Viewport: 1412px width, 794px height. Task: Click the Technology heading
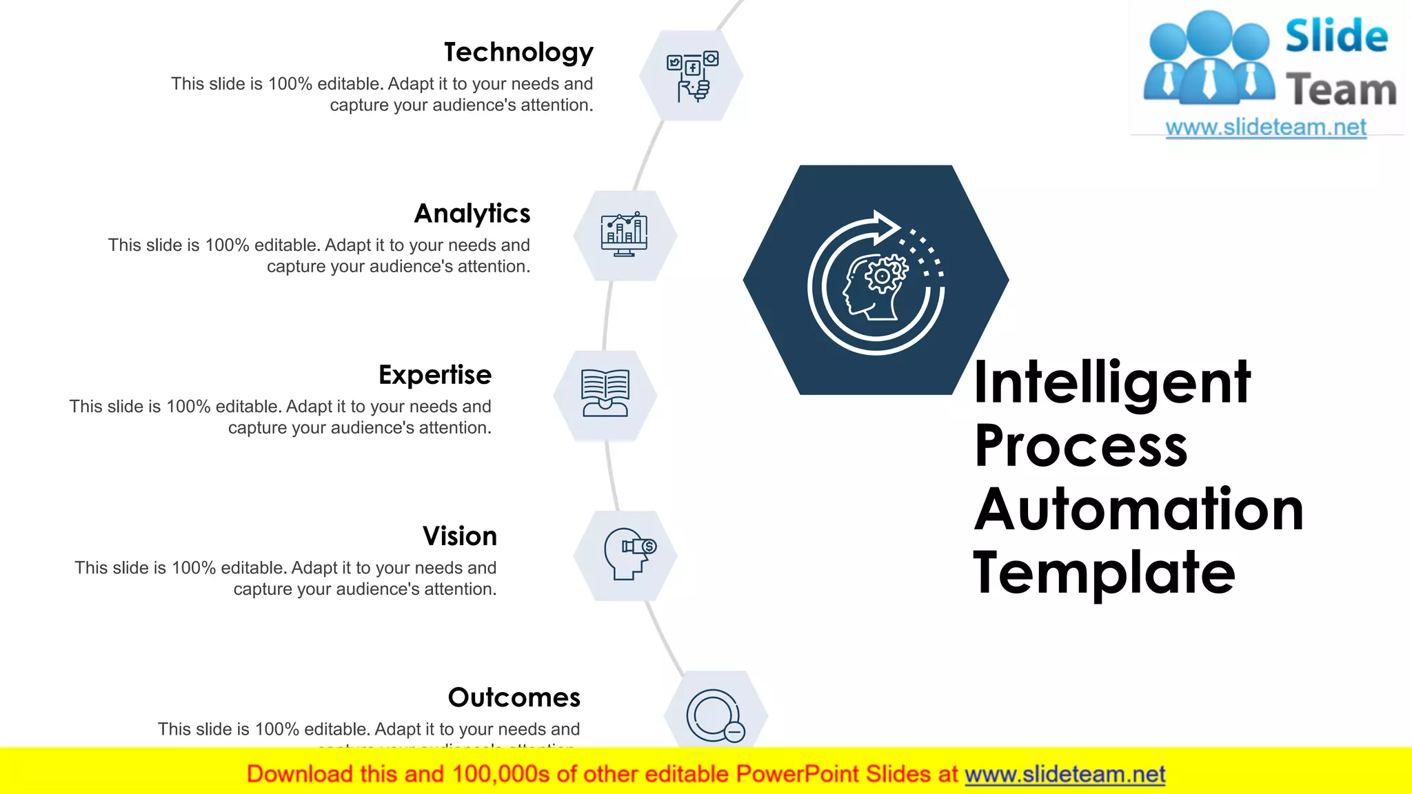[518, 53]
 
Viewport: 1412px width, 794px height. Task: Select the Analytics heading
[472, 214]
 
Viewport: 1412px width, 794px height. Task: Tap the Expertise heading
[435, 375]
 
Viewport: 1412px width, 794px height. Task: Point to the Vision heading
[460, 536]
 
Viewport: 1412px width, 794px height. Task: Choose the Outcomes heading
[514, 698]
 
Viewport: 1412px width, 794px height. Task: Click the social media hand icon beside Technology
[692, 76]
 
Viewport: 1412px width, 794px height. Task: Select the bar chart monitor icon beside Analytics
[625, 235]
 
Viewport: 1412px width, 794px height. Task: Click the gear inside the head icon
[882, 276]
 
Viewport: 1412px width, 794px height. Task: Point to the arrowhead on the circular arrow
[885, 227]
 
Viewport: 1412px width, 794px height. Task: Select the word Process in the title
[1081, 446]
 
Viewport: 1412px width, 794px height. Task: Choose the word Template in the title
[1104, 572]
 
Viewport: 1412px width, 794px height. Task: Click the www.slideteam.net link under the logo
[1266, 128]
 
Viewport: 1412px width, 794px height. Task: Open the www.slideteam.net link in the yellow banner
[1065, 775]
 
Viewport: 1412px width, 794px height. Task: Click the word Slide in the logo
[1336, 37]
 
